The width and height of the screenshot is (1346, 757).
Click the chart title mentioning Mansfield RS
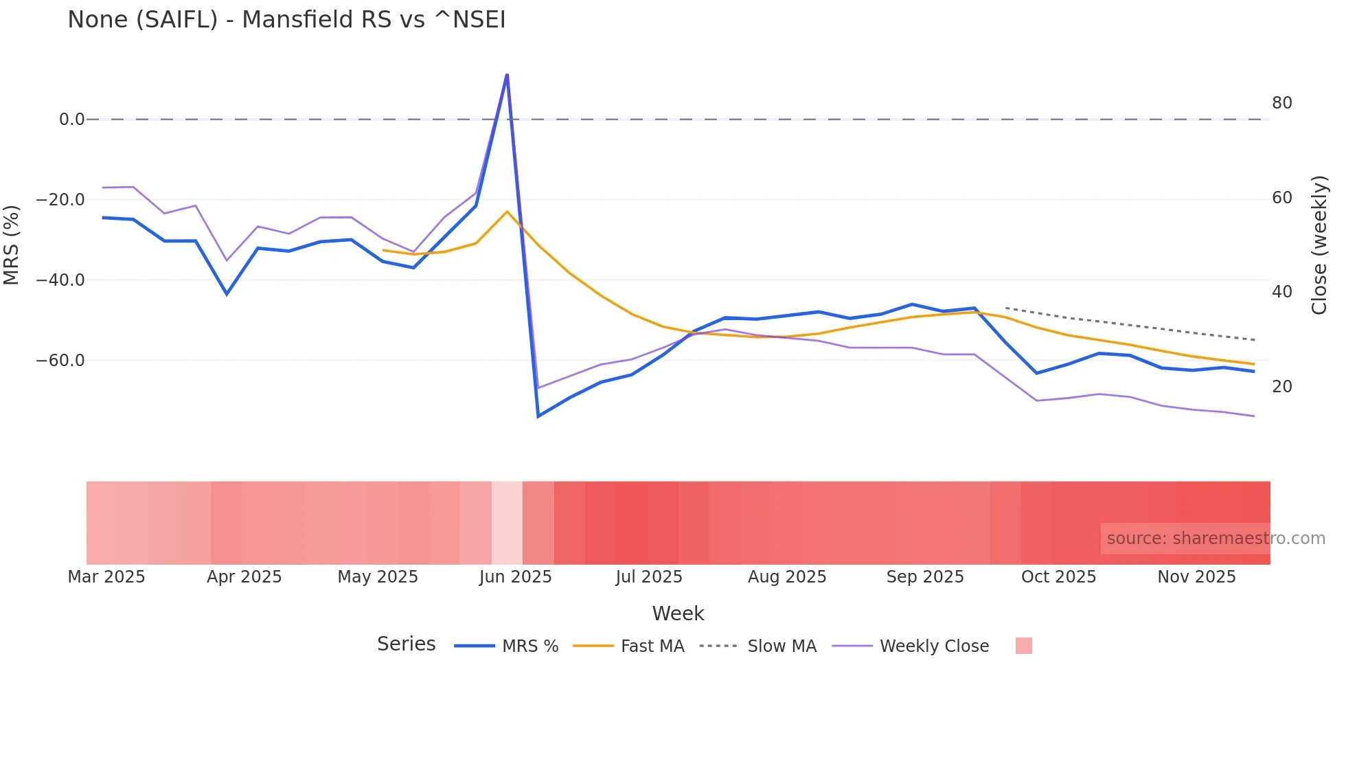tap(286, 20)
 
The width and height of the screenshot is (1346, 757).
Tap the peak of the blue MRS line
tap(507, 75)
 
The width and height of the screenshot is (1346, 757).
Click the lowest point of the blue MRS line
tap(538, 416)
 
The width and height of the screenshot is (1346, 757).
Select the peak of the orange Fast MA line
tap(507, 212)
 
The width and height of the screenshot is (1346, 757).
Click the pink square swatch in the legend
tap(1023, 646)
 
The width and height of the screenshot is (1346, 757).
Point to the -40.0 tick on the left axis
tap(60, 280)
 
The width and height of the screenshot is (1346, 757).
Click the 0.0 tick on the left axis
tap(71, 120)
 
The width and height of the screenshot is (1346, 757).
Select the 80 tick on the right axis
tap(1281, 103)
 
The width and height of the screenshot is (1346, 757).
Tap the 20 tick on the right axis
tap(1281, 387)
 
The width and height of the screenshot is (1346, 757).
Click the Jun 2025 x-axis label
tap(515, 577)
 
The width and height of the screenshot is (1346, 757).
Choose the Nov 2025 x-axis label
tap(1196, 577)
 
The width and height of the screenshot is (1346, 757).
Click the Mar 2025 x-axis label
tap(106, 577)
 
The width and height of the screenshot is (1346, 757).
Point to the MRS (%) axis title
tap(12, 245)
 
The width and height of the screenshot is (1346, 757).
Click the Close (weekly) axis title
tap(1319, 245)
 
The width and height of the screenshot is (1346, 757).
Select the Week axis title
tap(678, 613)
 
